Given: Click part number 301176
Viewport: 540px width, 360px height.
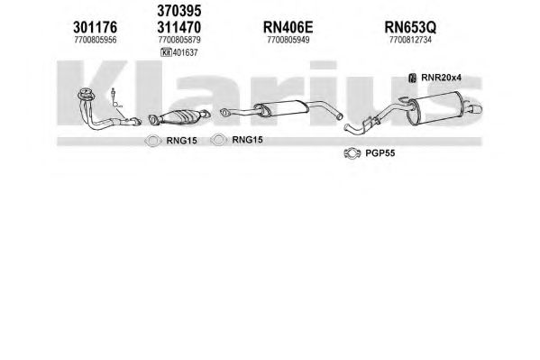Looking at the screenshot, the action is pyautogui.click(x=95, y=27).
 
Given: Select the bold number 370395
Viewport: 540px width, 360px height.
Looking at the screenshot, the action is pyautogui.click(x=179, y=11).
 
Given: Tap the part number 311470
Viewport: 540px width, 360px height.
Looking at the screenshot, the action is pyautogui.click(x=179, y=27).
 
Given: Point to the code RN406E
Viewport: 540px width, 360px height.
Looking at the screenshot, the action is pyautogui.click(x=288, y=27).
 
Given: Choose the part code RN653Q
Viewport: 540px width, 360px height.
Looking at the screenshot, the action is pyautogui.click(x=410, y=27).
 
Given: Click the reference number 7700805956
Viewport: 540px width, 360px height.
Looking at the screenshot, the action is pyautogui.click(x=96, y=40).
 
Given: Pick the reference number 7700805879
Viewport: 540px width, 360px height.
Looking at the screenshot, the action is pyautogui.click(x=179, y=40).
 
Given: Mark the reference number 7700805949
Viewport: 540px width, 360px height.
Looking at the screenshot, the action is pyautogui.click(x=288, y=40).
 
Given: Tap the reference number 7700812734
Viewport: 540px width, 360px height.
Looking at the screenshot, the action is pyautogui.click(x=410, y=40).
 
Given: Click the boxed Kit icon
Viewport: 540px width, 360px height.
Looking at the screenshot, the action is pyautogui.click(x=167, y=52).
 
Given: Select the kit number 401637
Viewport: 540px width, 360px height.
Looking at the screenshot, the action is pyautogui.click(x=186, y=52).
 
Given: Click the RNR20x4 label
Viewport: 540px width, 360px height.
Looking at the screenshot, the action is pyautogui.click(x=441, y=78).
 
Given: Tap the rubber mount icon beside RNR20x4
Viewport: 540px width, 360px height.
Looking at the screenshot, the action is pyautogui.click(x=412, y=78).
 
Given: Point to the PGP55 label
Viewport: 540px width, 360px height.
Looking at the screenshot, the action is pyautogui.click(x=380, y=153).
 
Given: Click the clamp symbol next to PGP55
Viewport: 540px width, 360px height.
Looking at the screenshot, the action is pyautogui.click(x=352, y=153).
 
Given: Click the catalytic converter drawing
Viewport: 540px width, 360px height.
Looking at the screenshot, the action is pyautogui.click(x=179, y=116).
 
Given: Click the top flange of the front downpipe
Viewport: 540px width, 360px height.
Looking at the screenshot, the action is pyautogui.click(x=87, y=94).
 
